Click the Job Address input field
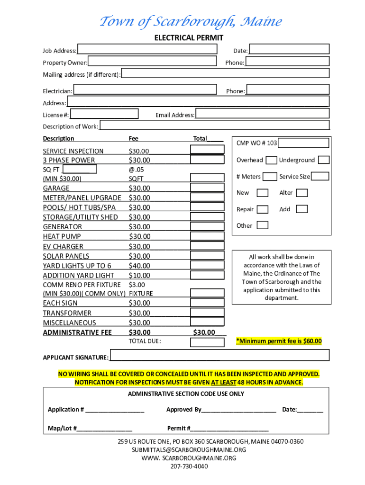coord(147,49)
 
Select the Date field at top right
coord(289,49)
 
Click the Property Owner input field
coord(152,62)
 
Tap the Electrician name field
coord(145,90)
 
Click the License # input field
coord(104,114)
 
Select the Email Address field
coord(262,114)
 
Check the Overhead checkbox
coord(271,160)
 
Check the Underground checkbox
coord(323,160)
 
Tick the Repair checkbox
coord(263,209)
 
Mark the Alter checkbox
coord(302,193)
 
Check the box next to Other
coord(262,225)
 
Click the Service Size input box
coord(320,177)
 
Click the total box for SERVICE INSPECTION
coord(207,150)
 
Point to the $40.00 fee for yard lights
coord(139,266)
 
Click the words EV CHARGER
coord(63,246)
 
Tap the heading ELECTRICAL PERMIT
coord(189,38)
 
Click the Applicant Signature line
coord(219,356)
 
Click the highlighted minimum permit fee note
coord(279,341)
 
